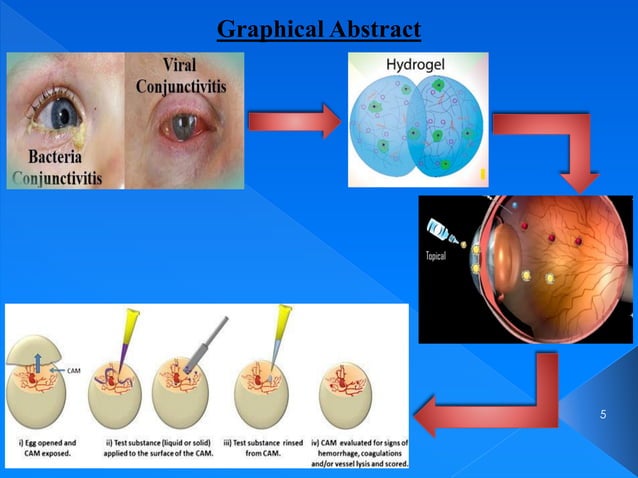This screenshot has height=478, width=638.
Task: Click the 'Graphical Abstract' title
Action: [x=319, y=30]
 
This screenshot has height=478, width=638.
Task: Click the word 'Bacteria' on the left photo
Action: [x=50, y=158]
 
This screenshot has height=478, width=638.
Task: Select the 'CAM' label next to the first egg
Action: [x=74, y=371]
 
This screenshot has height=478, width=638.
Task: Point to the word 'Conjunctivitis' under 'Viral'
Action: [x=181, y=86]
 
